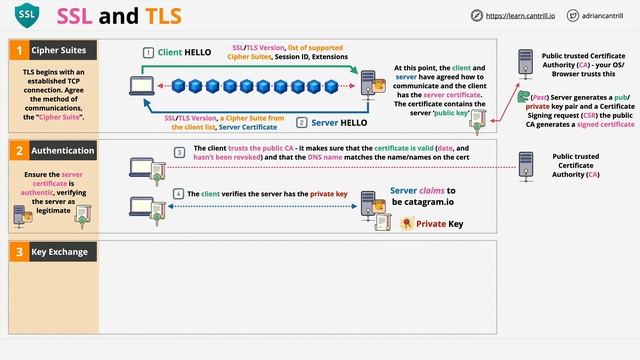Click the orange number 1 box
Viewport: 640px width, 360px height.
pos(17,49)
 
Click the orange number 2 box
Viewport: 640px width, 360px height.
pos(17,150)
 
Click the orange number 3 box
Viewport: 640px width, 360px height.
pos(17,250)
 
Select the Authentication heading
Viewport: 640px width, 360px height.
pos(62,150)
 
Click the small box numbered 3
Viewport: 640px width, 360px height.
pos(179,152)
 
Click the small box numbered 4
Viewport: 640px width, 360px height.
pos(179,193)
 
